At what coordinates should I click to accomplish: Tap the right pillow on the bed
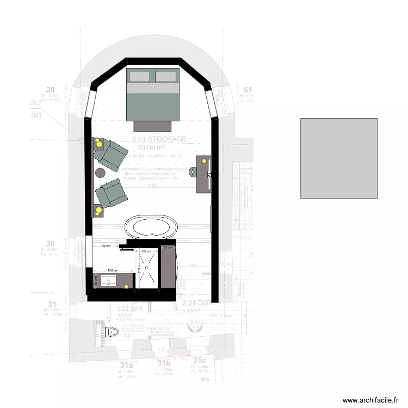pyautogui.click(x=165, y=76)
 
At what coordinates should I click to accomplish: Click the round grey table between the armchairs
pyautogui.click(x=100, y=172)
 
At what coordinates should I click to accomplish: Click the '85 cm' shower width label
pyautogui.click(x=146, y=251)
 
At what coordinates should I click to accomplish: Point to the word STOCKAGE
pyautogui.click(x=167, y=139)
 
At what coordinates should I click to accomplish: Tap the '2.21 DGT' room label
pyautogui.click(x=195, y=303)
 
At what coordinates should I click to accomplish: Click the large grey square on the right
pyautogui.click(x=338, y=158)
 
